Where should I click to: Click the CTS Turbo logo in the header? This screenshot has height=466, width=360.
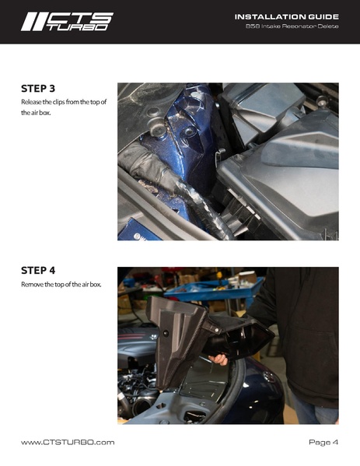coord(67,22)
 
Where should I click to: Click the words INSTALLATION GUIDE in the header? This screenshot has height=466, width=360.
coord(287,17)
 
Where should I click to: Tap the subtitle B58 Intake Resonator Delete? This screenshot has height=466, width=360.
coord(292,26)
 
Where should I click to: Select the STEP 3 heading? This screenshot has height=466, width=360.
coord(38,89)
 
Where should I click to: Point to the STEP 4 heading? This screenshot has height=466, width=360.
coord(38,271)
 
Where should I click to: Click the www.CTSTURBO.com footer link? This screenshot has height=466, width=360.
coord(68,443)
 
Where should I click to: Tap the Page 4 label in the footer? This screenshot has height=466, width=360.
coord(323,442)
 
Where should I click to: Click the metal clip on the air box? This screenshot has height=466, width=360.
coord(219,155)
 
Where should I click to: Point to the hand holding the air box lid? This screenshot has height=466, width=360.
coord(218,359)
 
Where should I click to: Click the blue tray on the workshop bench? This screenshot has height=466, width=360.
coord(214,289)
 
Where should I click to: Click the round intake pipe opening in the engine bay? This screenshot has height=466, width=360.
coord(144,405)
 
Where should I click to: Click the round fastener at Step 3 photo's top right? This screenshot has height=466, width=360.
coord(322,101)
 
